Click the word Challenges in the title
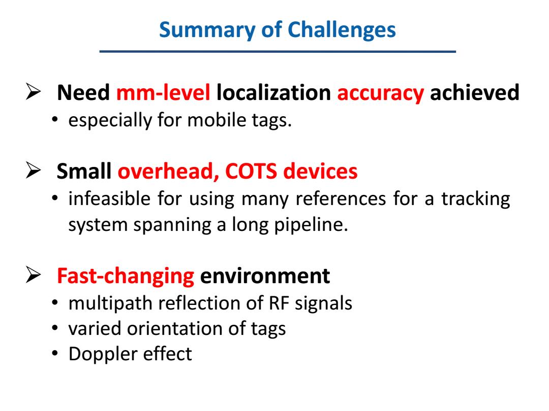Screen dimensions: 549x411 342,30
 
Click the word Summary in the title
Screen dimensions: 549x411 207,30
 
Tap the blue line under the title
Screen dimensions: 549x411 278,51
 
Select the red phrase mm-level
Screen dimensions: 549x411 163,93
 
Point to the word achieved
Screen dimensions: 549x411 474,93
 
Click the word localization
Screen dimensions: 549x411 274,93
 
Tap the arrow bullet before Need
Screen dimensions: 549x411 34,92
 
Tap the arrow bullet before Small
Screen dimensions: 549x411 34,170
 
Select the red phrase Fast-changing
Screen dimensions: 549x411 126,276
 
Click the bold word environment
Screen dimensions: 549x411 265,276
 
